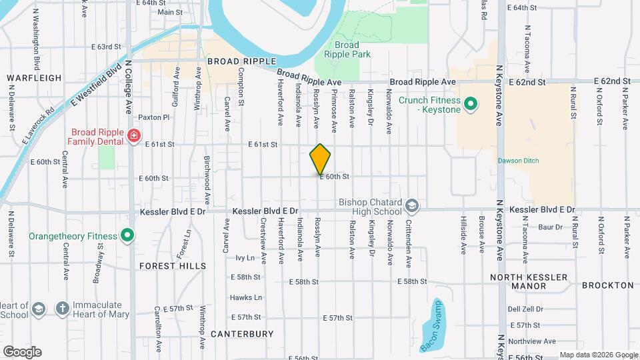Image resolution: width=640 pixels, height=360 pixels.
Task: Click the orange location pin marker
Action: tap(321, 159)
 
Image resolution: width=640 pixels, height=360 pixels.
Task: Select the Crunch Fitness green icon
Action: tap(471, 103)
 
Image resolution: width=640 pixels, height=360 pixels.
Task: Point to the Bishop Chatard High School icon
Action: tap(412, 206)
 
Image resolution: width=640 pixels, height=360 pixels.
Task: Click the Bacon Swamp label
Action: tap(431, 325)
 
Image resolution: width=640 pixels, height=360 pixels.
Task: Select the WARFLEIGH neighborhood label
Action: tap(34, 78)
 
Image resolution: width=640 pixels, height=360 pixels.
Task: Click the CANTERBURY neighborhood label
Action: tap(242, 333)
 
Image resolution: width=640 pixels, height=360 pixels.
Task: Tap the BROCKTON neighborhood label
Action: tap(607, 285)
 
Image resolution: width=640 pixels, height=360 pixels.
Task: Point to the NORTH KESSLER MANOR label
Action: tap(527, 281)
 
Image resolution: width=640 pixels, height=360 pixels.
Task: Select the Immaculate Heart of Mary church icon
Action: tap(62, 309)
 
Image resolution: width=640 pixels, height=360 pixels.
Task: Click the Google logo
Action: tap(22, 352)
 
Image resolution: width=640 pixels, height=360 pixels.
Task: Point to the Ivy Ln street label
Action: tap(245, 257)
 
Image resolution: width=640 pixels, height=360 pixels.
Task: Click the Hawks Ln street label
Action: tap(246, 297)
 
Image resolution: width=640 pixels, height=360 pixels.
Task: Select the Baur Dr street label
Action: tap(551, 227)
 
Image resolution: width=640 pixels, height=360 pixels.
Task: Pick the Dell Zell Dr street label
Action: tap(525, 309)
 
